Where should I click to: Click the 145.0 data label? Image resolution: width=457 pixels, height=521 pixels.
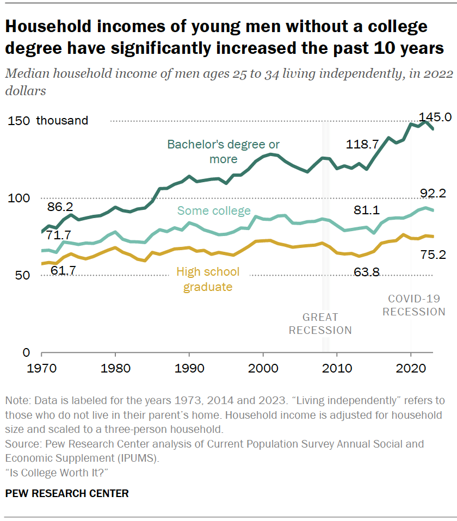(435, 117)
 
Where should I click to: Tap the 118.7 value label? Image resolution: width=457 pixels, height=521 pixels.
(362, 144)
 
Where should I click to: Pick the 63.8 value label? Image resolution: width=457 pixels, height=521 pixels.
(366, 271)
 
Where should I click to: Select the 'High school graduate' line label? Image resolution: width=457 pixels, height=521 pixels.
(208, 279)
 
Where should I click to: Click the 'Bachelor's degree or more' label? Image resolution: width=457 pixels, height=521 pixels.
(224, 152)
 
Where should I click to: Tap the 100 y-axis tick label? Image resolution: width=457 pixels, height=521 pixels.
(17, 199)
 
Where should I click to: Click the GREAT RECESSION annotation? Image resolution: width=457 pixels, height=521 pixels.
(320, 324)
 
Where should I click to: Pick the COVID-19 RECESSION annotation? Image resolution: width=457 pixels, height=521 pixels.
(413, 305)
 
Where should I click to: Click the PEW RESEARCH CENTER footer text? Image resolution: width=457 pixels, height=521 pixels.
(67, 494)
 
